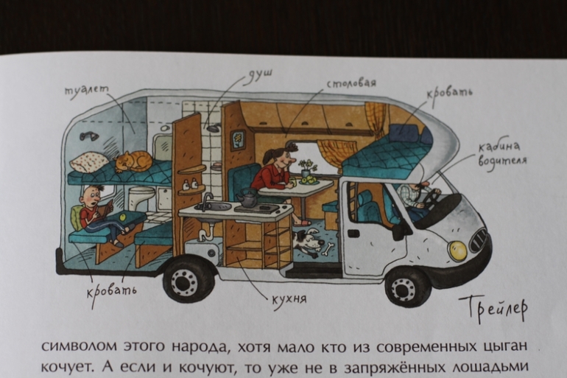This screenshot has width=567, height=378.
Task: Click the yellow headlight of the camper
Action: (x=457, y=251)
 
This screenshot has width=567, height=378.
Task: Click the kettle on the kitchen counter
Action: (x=248, y=197)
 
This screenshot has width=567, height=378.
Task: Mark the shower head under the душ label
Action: (x=214, y=127)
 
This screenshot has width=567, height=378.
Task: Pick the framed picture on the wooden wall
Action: (x=239, y=139)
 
